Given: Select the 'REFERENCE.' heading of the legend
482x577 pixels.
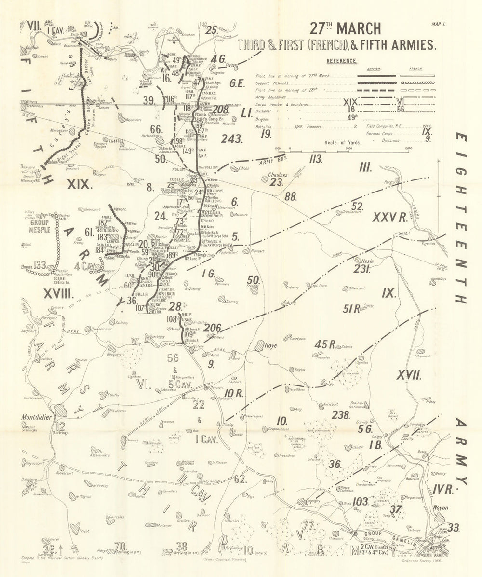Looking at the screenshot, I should tap(342, 61).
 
